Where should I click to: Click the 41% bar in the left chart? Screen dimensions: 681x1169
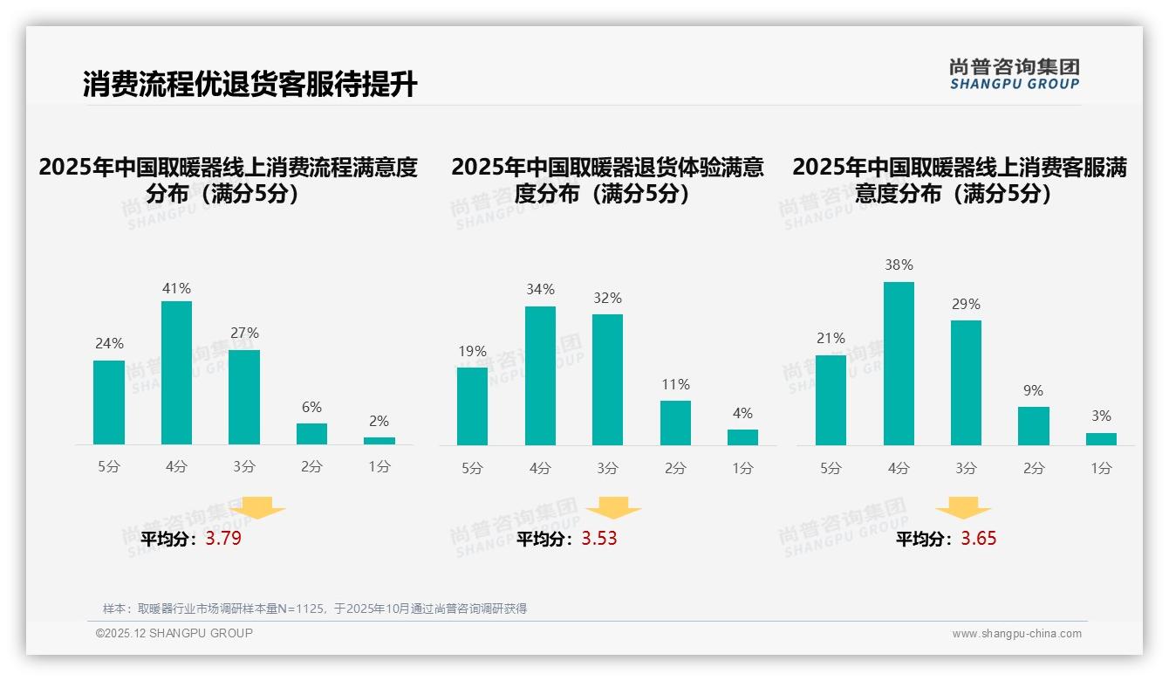pos(176,373)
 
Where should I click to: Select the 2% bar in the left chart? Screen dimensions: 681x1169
pos(379,441)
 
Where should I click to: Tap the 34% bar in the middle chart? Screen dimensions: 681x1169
pos(540,375)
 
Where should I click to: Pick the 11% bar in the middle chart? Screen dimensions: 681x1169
pos(675,423)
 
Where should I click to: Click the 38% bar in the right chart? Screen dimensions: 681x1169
pos(899,363)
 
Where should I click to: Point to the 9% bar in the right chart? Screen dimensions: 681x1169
pos(1034,426)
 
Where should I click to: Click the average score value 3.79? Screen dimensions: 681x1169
pos(223,539)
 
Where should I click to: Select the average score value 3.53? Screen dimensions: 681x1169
pos(599,539)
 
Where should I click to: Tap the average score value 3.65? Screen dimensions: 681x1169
pos(979,539)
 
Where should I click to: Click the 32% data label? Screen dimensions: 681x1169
pos(608,298)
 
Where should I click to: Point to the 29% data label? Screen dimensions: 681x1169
pos(966,304)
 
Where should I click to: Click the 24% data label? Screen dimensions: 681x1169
pos(109,343)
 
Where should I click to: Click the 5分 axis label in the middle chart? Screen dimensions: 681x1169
pos(472,469)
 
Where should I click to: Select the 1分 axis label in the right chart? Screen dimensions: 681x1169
pos(1101,469)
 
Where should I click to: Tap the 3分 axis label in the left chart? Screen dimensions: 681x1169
pos(244,467)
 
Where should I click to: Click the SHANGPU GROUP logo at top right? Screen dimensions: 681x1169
pos(1014,74)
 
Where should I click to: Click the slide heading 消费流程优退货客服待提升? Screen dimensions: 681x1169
pos(250,85)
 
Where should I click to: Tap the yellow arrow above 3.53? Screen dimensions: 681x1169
pos(613,509)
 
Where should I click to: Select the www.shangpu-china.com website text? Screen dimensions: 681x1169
pos(1016,634)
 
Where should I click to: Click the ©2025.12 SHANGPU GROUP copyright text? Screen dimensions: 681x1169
pos(174,633)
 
